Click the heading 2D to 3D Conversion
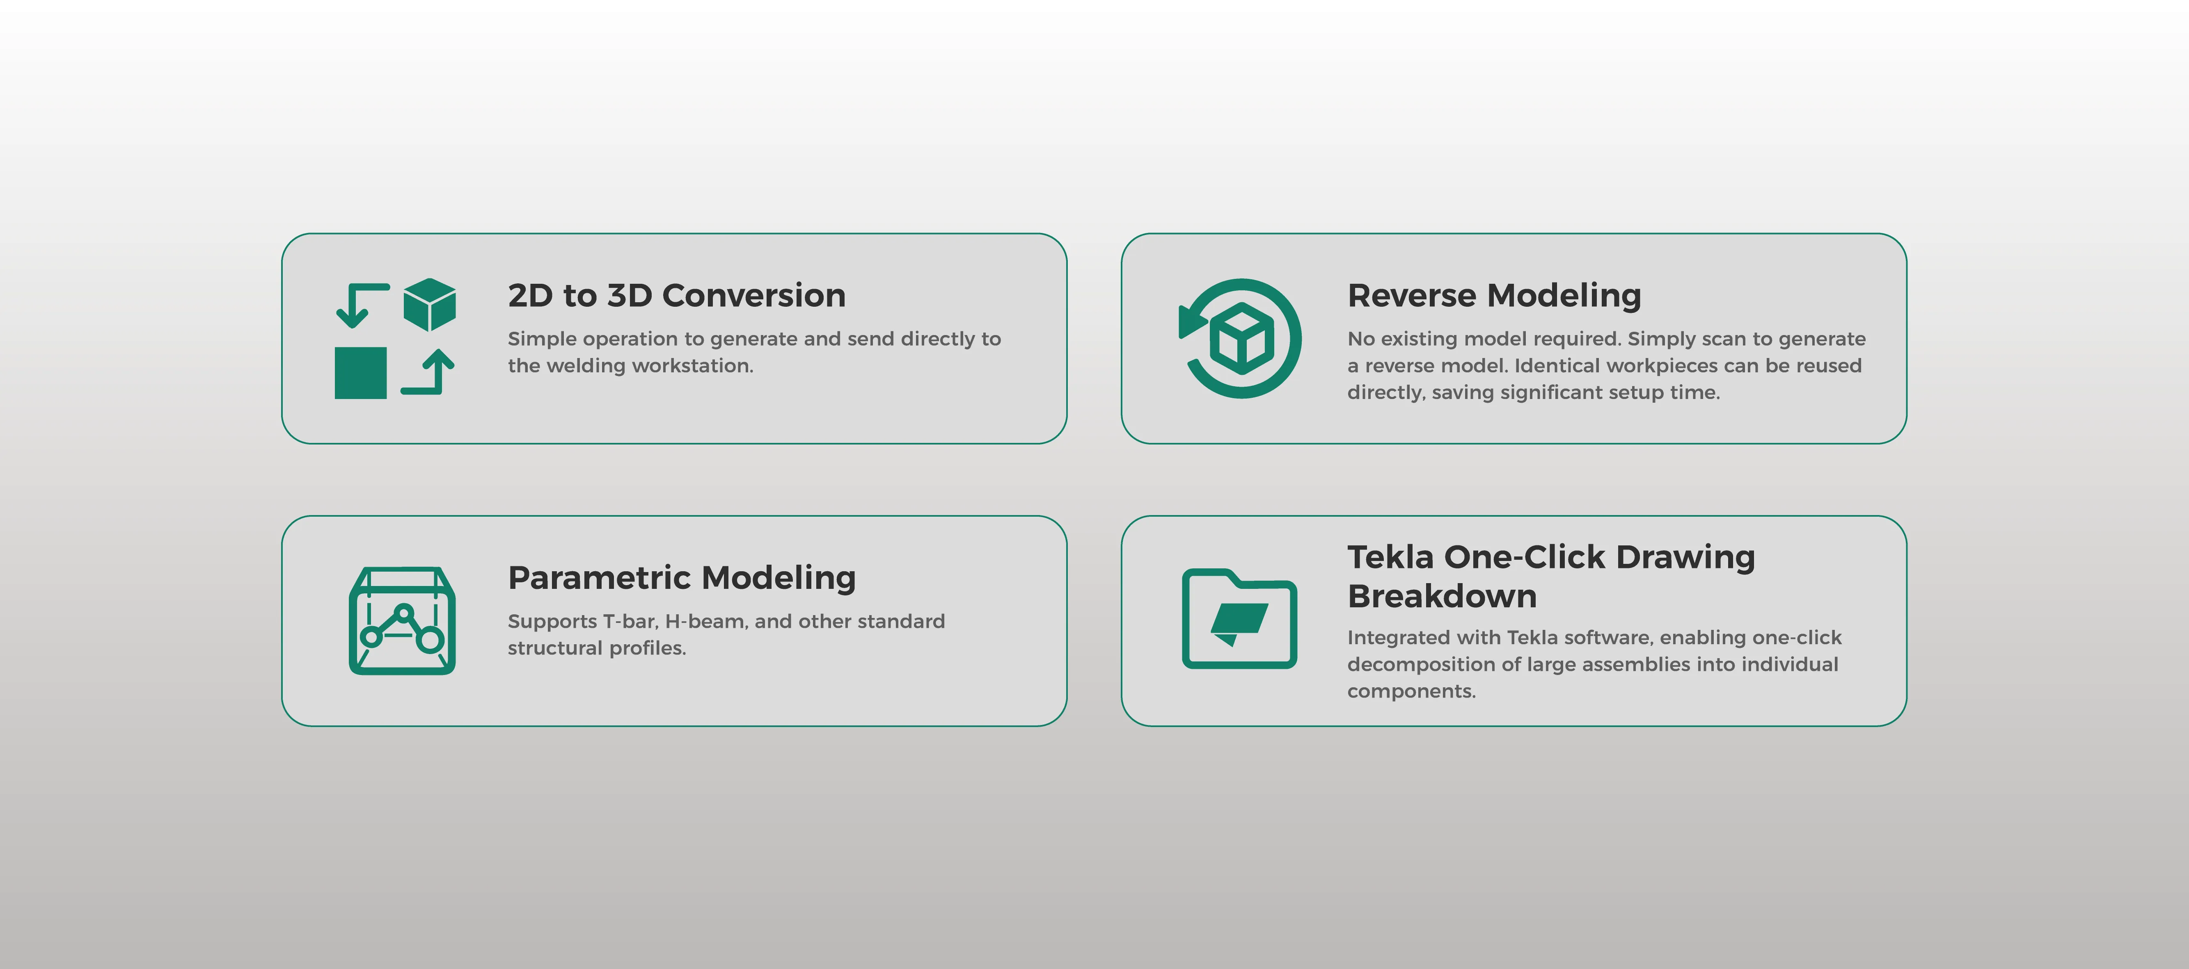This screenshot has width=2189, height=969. click(x=676, y=296)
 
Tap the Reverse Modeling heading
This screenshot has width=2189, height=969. click(x=1494, y=296)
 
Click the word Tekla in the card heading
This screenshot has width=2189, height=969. click(x=1391, y=557)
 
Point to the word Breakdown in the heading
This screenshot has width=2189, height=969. click(x=1442, y=596)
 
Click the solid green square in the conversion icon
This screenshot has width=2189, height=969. click(x=360, y=373)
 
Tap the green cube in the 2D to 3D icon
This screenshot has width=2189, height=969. click(x=429, y=304)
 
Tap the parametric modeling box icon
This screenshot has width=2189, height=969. click(x=402, y=621)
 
